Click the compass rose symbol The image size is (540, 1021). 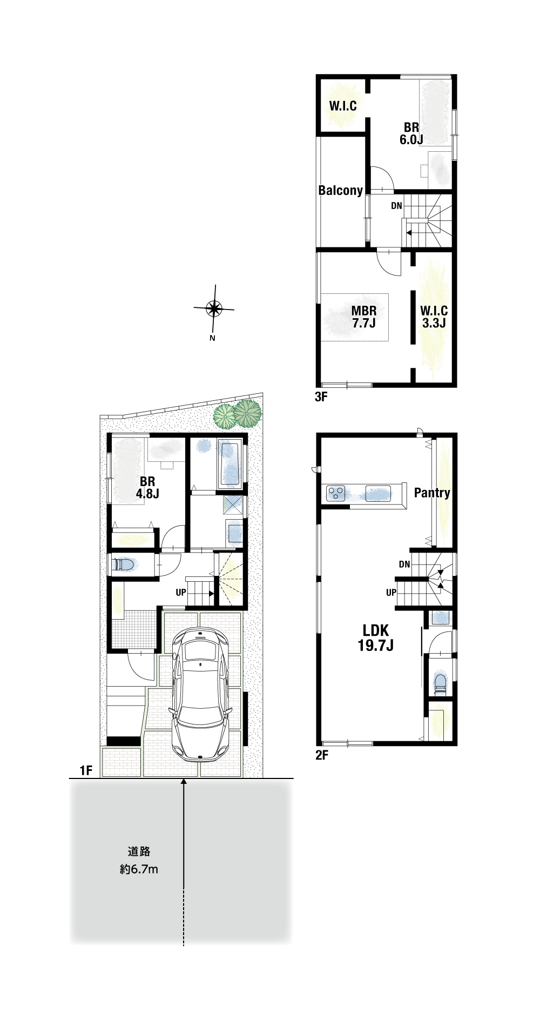click(x=214, y=309)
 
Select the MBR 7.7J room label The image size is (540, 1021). click(x=364, y=317)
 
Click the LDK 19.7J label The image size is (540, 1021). click(x=375, y=637)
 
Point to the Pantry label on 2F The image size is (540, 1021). click(x=432, y=493)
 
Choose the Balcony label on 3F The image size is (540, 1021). click(x=341, y=190)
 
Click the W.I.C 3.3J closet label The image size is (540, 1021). click(x=434, y=317)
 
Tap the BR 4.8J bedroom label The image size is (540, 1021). click(x=147, y=487)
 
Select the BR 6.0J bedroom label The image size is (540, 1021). click(x=411, y=133)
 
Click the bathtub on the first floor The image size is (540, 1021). click(x=230, y=464)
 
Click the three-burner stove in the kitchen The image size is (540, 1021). click(x=336, y=493)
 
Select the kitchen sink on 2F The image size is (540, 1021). click(x=378, y=493)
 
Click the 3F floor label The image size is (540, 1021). click(x=321, y=397)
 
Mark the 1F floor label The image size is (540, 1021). click(x=86, y=770)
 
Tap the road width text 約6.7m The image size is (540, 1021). click(x=139, y=870)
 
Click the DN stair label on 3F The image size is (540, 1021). click(x=396, y=206)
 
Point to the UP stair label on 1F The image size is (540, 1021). click(x=181, y=593)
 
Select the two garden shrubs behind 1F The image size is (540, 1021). click(x=238, y=414)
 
